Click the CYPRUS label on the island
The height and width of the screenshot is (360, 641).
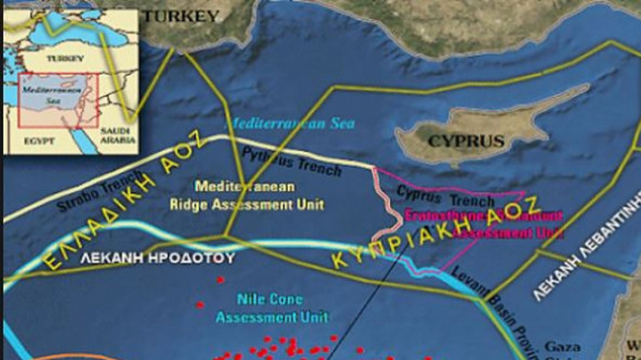pyautogui.click(x=466, y=141)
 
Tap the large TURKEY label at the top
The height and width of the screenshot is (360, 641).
pyautogui.click(x=182, y=16)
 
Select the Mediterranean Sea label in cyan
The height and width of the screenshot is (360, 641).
pyautogui.click(x=289, y=123)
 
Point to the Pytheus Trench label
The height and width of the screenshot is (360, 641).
pyautogui.click(x=291, y=161)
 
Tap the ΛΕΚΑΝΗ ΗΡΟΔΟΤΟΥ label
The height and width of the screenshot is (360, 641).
pyautogui.click(x=158, y=259)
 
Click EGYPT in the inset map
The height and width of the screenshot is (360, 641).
pyautogui.click(x=39, y=141)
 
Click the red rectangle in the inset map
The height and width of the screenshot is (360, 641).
pyautogui.click(x=58, y=100)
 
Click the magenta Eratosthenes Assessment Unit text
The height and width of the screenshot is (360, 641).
pyautogui.click(x=483, y=224)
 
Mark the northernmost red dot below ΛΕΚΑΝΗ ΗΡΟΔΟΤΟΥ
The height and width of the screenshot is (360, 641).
pyautogui.click(x=219, y=279)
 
